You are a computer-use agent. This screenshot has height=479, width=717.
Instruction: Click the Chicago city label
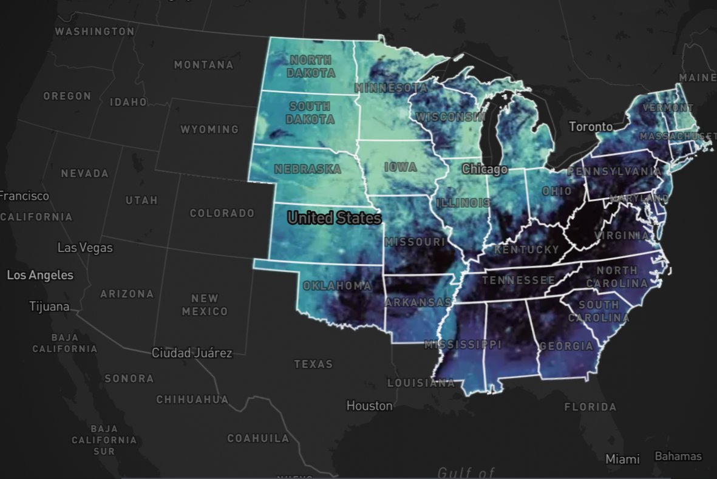click(484, 169)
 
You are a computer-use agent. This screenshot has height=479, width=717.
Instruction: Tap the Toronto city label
click(591, 127)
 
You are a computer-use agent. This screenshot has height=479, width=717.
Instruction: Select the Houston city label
click(369, 406)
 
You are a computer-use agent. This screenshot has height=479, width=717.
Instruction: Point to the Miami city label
click(622, 459)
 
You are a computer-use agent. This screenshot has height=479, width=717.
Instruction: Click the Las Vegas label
click(85, 248)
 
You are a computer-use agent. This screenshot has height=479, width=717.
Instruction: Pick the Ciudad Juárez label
click(192, 353)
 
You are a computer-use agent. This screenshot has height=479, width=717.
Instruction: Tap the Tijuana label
click(49, 307)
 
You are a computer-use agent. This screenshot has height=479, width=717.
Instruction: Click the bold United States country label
click(334, 218)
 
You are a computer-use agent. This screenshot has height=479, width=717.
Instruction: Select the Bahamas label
click(678, 457)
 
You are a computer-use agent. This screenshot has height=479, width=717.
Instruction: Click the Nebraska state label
click(307, 169)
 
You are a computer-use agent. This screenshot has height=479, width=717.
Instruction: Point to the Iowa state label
click(401, 167)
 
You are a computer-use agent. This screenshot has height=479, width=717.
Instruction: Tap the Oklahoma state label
click(337, 285)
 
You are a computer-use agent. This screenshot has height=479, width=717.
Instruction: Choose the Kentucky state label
click(526, 250)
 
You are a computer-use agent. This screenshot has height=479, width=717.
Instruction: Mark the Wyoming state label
click(209, 129)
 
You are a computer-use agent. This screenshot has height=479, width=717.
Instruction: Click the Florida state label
click(590, 407)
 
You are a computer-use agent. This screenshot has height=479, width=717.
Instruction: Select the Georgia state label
click(566, 346)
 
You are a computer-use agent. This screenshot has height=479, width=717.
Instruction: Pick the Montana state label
click(203, 64)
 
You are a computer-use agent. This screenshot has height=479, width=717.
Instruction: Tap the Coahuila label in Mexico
click(258, 438)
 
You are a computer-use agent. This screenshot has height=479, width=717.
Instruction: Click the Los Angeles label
click(40, 275)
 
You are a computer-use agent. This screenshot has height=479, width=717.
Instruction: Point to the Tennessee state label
click(518, 280)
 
